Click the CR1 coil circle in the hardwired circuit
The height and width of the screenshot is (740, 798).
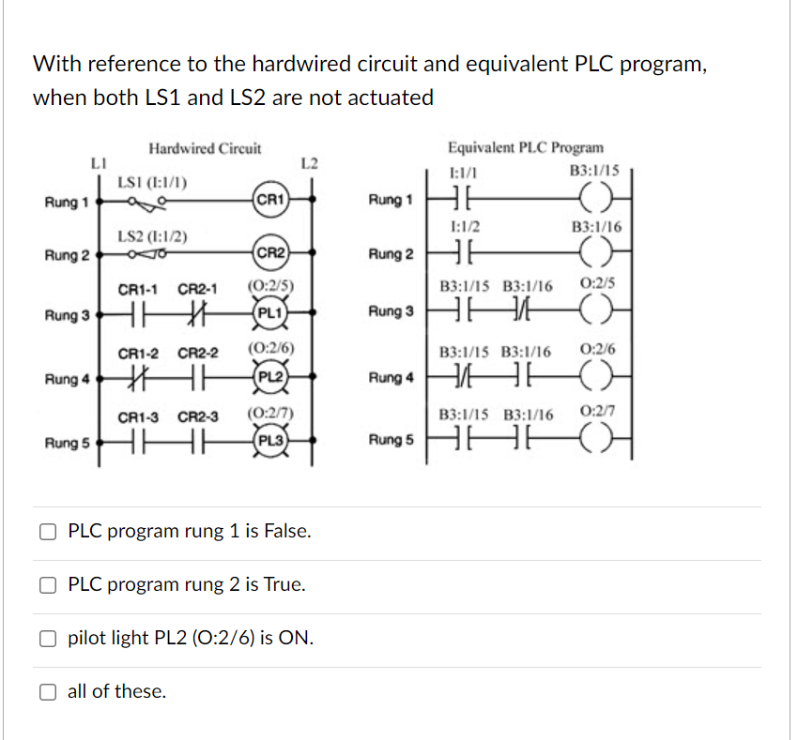click(x=269, y=200)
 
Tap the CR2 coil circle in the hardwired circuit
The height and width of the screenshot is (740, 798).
click(x=269, y=253)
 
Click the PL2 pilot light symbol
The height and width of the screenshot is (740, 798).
click(x=269, y=379)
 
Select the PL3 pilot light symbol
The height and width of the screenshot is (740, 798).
click(x=269, y=440)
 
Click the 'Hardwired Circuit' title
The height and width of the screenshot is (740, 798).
click(x=205, y=148)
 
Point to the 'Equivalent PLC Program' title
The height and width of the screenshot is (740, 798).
click(x=526, y=148)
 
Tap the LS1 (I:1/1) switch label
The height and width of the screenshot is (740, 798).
click(x=151, y=181)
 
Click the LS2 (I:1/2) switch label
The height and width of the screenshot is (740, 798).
click(x=152, y=235)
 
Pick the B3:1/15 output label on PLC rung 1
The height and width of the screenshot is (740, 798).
click(x=594, y=171)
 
